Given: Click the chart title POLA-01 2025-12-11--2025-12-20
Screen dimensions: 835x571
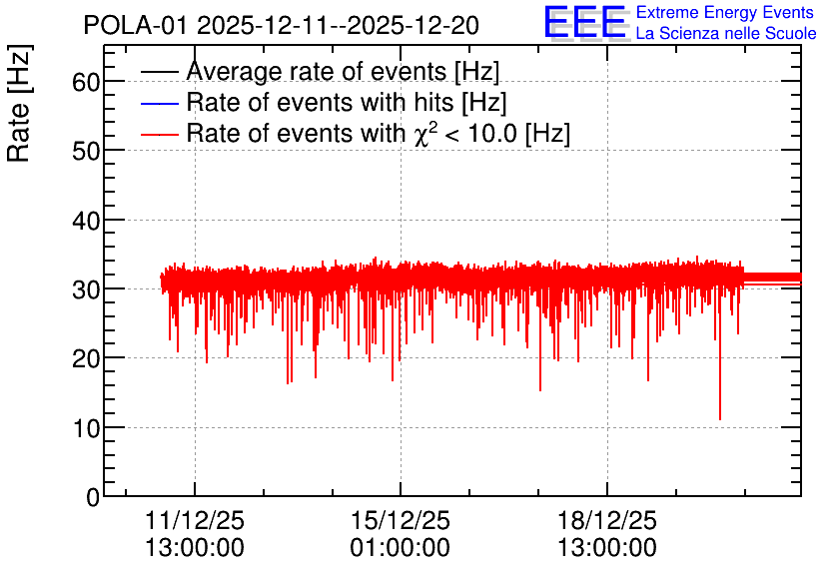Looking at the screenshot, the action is tap(282, 25).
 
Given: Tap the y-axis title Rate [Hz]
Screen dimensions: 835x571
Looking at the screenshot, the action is tap(19, 103).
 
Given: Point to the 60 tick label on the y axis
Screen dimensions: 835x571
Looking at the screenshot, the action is tap(86, 82).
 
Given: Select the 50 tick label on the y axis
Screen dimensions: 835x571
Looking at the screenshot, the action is tap(86, 151).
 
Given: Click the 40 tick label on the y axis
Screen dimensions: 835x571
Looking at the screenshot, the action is tap(86, 221).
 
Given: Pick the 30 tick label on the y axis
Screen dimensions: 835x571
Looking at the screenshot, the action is tap(86, 289).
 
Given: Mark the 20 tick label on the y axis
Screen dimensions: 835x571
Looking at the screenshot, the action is tap(86, 358).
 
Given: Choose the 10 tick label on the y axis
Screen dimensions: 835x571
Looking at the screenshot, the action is tap(86, 428).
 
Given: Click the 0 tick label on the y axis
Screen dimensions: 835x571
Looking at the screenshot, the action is tap(93, 497).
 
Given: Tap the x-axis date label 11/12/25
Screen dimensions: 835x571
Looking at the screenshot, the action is tap(195, 520).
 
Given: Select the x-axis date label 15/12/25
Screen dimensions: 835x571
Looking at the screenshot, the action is tap(401, 520).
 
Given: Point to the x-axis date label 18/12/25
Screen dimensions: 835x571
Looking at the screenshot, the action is tap(607, 520).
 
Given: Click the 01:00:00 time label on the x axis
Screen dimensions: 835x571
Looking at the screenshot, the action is tap(401, 547).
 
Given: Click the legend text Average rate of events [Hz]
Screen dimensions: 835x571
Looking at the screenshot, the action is tap(343, 71).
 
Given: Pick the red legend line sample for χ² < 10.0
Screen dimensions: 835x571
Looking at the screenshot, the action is tap(159, 134).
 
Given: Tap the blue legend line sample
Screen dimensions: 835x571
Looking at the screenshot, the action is tap(159, 103).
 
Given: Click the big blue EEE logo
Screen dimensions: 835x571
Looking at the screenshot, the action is tap(584, 22).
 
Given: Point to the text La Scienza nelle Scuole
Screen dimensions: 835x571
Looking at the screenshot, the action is tap(726, 33).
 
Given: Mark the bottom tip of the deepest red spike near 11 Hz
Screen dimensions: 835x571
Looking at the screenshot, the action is tap(720, 420).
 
